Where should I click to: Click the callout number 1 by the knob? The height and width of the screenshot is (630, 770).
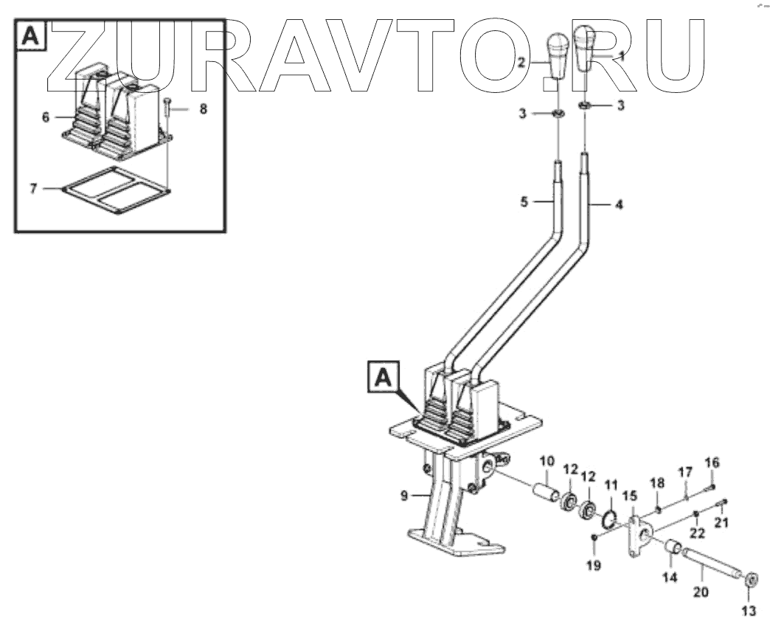(x=621, y=55)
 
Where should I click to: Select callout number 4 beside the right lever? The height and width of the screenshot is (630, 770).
(x=619, y=204)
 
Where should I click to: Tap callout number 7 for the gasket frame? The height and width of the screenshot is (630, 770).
(x=33, y=188)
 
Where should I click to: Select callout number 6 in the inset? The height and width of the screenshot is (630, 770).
(x=46, y=117)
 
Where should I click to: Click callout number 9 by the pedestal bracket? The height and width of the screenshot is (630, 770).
(x=404, y=496)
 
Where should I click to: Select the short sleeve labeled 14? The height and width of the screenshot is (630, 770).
(x=674, y=550)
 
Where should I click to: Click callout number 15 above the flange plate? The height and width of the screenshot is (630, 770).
(x=630, y=495)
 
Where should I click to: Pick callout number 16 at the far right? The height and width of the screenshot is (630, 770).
(x=711, y=463)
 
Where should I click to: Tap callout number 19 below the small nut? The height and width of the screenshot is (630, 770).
(x=594, y=565)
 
